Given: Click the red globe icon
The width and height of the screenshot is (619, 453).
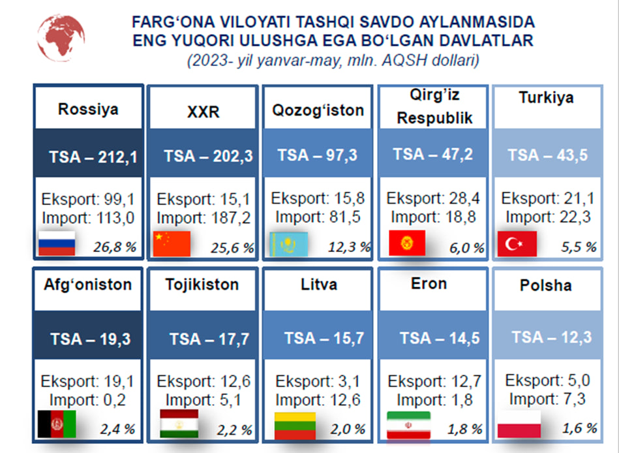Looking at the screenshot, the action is tap(61, 38).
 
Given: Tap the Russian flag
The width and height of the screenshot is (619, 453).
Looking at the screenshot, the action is tap(57, 243).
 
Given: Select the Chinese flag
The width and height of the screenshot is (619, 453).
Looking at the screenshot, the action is tap(172, 243).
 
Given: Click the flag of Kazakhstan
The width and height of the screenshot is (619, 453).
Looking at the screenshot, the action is tap(289, 245).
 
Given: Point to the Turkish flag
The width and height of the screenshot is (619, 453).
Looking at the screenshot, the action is tap(517, 244).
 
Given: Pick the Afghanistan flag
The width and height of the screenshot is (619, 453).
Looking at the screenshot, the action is tap(57, 424).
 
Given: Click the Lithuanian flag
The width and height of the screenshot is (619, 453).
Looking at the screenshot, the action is tap(295, 426).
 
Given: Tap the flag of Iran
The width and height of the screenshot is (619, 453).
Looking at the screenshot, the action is tap(408, 425).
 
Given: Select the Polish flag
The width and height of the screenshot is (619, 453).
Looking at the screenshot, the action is tap(519, 424).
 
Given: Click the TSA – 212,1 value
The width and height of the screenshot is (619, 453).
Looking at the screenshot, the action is tap(93, 157).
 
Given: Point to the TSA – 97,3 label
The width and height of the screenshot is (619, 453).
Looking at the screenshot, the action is tap(318, 155).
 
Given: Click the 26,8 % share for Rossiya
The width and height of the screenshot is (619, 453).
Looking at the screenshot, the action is tap(115, 247).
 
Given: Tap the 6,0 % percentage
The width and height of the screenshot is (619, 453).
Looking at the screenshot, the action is tap(467, 248).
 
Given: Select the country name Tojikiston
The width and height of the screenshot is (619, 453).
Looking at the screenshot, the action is tap(202, 285).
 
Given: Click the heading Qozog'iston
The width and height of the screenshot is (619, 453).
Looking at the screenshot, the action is tap(318, 110).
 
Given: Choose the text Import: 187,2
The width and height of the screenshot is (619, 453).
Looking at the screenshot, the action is tap(204, 218).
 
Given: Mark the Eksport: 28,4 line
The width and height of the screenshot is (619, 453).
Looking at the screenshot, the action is tap(433, 198).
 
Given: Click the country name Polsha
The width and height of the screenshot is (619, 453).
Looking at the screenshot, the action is tap(545, 285).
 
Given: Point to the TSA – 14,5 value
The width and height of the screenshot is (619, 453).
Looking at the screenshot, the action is tap(440, 338).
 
